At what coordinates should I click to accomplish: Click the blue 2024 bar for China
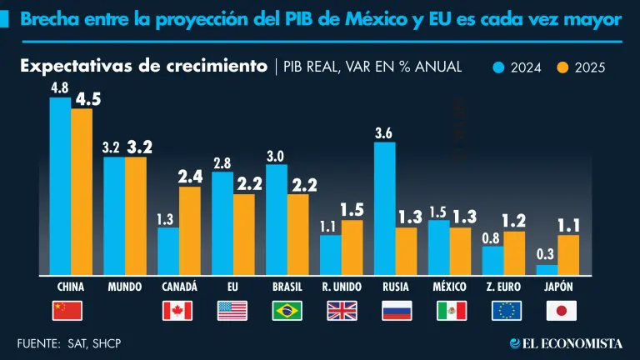tap(60, 186)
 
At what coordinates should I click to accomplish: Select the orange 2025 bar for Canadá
tap(189, 231)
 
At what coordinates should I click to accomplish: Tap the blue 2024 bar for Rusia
tap(384, 208)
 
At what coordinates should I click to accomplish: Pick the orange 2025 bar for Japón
tap(568, 255)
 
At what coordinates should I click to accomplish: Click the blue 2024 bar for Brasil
tap(276, 220)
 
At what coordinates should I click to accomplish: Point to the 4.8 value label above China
tap(59, 87)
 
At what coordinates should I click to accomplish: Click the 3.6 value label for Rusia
tap(384, 132)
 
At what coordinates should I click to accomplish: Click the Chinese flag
tap(68, 311)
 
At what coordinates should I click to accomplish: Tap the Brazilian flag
tap(287, 311)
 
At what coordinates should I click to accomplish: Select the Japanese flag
tap(562, 311)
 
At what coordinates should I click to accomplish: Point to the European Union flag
tap(507, 311)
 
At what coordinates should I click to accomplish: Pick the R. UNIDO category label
tap(342, 287)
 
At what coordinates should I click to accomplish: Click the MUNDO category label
tap(125, 287)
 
